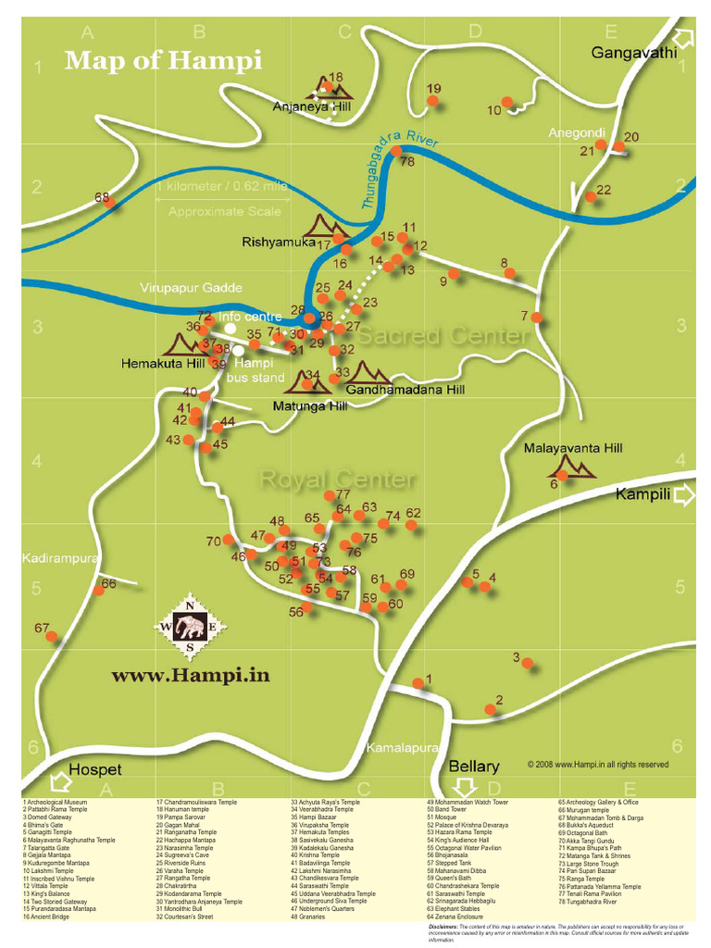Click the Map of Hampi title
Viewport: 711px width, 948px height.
tap(163, 61)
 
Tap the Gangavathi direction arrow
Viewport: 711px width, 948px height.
tap(684, 39)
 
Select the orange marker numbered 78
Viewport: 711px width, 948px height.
tap(396, 151)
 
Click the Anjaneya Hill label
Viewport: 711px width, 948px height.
tap(311, 107)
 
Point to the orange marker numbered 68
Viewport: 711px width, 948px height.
tap(110, 204)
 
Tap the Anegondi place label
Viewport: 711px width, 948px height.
tap(576, 132)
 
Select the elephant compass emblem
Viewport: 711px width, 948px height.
tap(191, 628)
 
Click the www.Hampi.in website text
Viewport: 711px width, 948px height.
tap(191, 676)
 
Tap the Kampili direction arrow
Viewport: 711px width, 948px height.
tap(684, 495)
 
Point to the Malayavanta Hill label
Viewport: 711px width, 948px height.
tap(573, 448)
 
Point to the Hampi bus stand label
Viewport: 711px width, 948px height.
tap(255, 370)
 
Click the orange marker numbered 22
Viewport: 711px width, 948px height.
tap(591, 196)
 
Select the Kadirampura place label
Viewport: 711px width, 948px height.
tap(58, 558)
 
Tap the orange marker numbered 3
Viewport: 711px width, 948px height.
tap(528, 663)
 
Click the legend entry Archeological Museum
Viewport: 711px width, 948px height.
tap(57, 802)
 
